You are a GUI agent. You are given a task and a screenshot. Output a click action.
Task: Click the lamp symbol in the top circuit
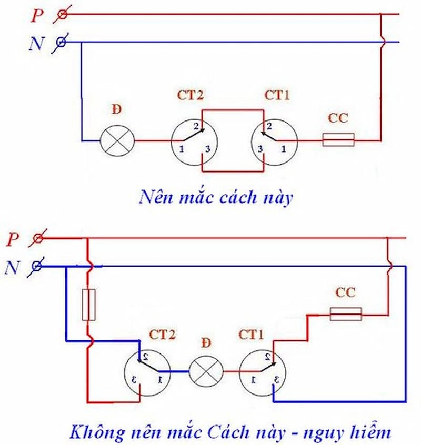[x=117, y=141]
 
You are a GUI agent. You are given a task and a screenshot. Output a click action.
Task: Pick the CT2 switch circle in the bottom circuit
[x=147, y=371]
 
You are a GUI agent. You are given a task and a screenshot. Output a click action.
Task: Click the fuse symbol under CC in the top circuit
[x=338, y=140]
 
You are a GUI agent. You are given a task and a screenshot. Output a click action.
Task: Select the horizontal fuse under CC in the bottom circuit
[x=346, y=314]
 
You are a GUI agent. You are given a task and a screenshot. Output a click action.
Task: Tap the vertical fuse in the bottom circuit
[x=89, y=305]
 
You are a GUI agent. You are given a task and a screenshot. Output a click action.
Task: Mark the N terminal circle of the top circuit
[x=61, y=43]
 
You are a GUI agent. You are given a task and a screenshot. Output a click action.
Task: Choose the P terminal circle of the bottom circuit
[x=38, y=239]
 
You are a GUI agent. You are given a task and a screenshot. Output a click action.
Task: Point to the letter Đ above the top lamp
[x=116, y=110]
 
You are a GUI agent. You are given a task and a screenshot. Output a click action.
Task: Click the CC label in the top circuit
[x=338, y=118]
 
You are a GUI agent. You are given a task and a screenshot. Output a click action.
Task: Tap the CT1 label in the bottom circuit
[x=252, y=333]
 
